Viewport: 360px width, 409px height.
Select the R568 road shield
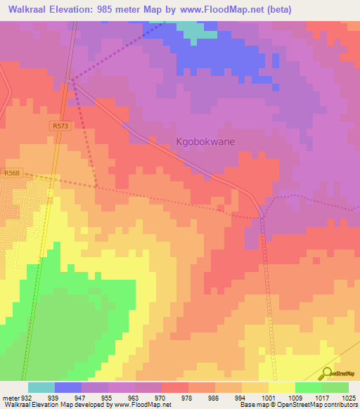[11, 174]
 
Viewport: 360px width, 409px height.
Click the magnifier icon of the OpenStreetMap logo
[326, 374]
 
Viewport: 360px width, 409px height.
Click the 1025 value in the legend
[349, 397]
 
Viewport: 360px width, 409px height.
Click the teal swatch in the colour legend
[41, 387]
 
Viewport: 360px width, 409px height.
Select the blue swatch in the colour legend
[68, 387]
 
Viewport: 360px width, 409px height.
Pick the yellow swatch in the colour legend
[281, 387]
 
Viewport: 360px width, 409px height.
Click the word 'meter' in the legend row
[8, 397]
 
